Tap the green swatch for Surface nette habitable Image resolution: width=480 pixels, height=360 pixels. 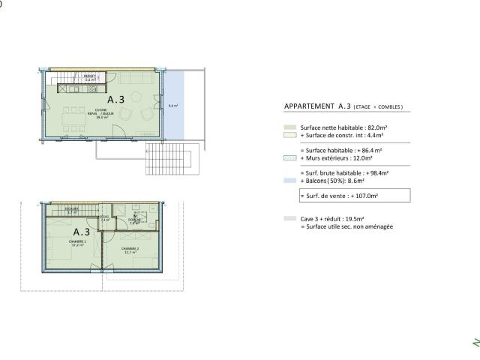point(289,128)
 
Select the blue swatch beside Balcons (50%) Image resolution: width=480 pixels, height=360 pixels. point(289,181)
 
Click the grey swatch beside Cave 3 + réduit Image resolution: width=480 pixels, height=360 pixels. point(289,219)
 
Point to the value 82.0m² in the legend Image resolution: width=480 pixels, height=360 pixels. point(364,128)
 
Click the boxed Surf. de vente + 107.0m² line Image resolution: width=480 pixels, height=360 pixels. point(354,195)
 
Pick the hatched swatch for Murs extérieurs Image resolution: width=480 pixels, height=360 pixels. point(289,158)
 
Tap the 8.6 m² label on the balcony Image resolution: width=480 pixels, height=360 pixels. point(172,106)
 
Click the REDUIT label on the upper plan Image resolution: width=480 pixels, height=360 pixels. point(88,77)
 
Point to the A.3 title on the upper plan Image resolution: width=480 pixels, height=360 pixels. point(116,99)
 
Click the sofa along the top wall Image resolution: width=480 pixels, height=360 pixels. point(136,79)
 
